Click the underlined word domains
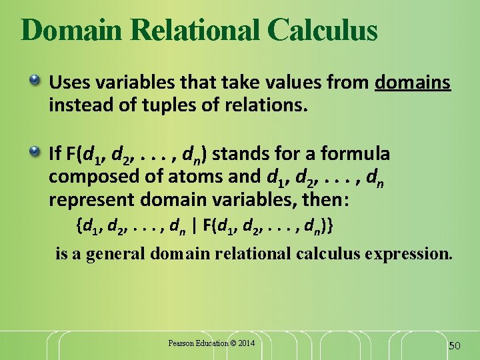pos(413,83)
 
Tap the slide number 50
pos(455,345)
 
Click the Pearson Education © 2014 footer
pos(211,343)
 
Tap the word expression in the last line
pos(414,254)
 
